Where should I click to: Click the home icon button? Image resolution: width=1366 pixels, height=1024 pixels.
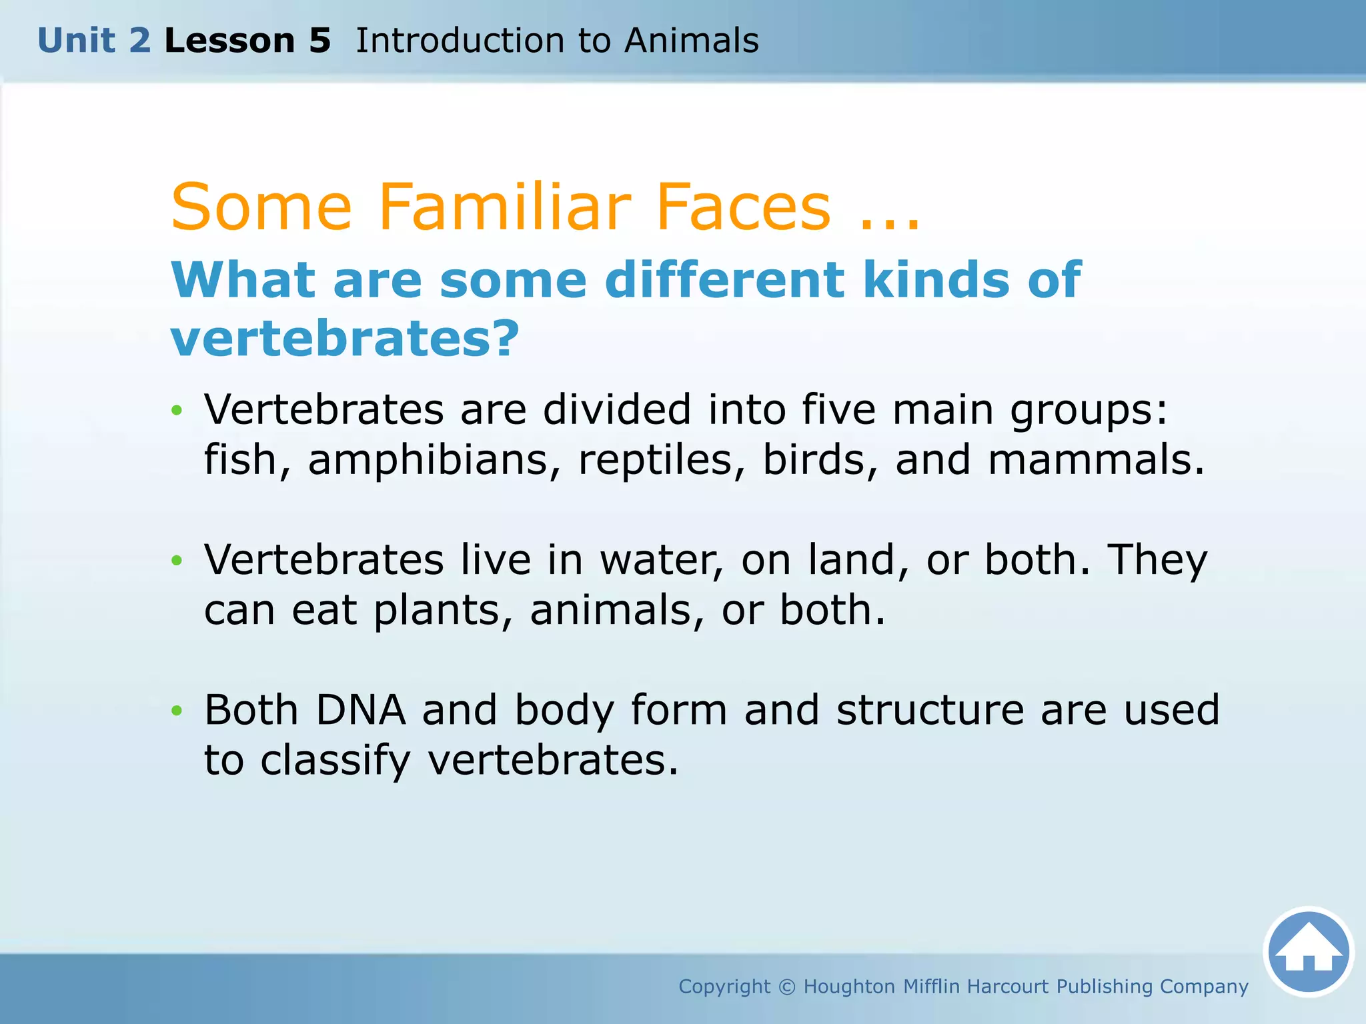pyautogui.click(x=1308, y=951)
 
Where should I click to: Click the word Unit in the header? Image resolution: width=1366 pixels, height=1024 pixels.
pyautogui.click(x=76, y=41)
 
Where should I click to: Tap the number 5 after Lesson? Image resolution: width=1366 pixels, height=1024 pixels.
pyautogui.click(x=319, y=41)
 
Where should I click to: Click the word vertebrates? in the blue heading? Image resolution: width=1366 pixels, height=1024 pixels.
pyautogui.click(x=345, y=339)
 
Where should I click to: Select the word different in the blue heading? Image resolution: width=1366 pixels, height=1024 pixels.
pyautogui.click(x=724, y=280)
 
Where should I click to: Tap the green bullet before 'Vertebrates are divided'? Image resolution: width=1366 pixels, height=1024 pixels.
pyautogui.click(x=177, y=411)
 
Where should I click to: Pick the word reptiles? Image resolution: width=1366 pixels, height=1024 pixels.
pyautogui.click(x=655, y=460)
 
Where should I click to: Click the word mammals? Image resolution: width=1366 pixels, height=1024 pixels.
pyautogui.click(x=1096, y=460)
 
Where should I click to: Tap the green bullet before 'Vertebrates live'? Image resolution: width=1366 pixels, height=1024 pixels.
pyautogui.click(x=177, y=561)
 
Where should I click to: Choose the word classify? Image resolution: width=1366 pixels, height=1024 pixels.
pyautogui.click(x=335, y=761)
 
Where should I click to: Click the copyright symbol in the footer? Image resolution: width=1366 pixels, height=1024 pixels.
pyautogui.click(x=787, y=987)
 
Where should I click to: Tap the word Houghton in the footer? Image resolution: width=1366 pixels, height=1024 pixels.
pyautogui.click(x=848, y=987)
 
